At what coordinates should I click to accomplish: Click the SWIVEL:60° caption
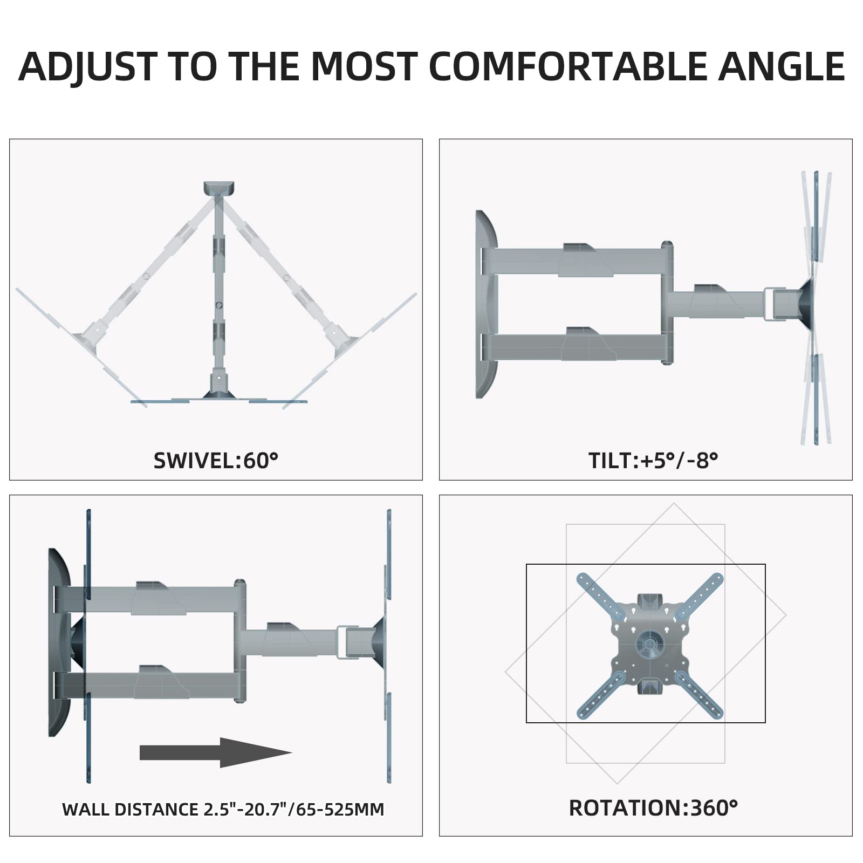[216, 461]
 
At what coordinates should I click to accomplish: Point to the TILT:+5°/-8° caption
[653, 461]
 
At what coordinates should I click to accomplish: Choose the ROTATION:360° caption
[653, 808]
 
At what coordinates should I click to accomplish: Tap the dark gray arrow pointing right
[216, 752]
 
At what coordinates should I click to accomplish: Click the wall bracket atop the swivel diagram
[219, 188]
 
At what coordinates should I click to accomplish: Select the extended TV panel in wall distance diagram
[389, 645]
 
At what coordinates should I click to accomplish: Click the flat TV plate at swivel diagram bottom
[219, 401]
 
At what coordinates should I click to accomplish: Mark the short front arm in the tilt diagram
[717, 305]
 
